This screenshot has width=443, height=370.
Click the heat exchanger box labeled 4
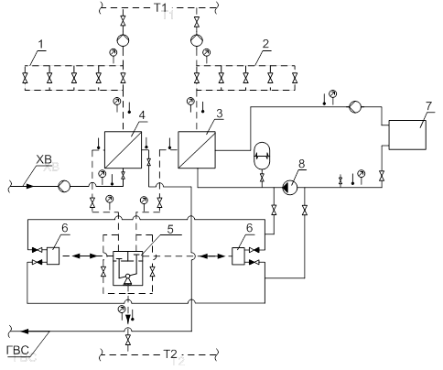(x=123, y=149)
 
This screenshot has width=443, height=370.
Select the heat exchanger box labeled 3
(x=197, y=149)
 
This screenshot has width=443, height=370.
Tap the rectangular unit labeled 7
(x=407, y=135)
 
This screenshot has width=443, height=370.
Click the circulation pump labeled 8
(x=290, y=187)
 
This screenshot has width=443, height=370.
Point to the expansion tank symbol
(x=262, y=156)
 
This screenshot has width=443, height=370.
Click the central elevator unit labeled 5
(x=128, y=268)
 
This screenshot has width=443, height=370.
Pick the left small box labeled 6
(x=53, y=256)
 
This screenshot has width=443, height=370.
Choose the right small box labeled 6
(x=238, y=256)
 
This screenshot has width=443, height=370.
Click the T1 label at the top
(x=160, y=7)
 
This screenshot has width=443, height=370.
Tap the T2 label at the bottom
(x=170, y=354)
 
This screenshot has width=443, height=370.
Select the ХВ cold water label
(x=44, y=159)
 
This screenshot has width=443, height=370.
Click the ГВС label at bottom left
(x=18, y=350)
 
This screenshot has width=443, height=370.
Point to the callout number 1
(x=41, y=45)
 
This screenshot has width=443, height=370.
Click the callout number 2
(x=265, y=44)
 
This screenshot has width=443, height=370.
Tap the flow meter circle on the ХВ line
(x=64, y=186)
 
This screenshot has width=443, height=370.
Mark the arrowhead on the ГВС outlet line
(x=25, y=332)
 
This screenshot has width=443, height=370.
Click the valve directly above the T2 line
(x=128, y=339)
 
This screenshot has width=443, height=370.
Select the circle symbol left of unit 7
(x=355, y=106)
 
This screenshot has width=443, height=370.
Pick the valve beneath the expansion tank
(x=262, y=177)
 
